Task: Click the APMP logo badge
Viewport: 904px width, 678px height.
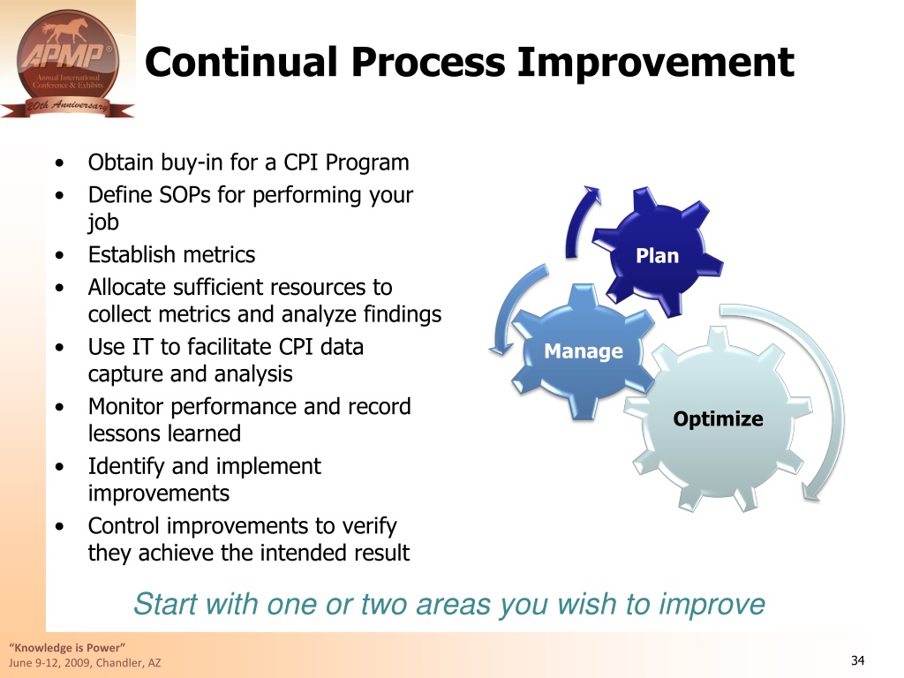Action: tap(67, 64)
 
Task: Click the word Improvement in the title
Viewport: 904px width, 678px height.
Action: tap(656, 63)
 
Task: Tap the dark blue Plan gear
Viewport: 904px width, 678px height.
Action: tap(658, 252)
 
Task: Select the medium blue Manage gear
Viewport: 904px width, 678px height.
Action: tap(583, 351)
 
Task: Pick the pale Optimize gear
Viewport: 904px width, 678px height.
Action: tap(718, 418)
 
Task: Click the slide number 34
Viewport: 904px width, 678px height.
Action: tap(857, 660)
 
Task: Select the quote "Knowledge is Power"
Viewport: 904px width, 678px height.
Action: tap(67, 647)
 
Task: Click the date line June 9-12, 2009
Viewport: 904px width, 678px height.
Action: tap(85, 662)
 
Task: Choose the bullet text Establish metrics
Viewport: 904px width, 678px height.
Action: tap(171, 254)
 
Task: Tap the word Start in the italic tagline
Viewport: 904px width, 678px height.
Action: tap(166, 604)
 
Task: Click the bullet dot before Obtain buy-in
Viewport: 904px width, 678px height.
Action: tap(60, 163)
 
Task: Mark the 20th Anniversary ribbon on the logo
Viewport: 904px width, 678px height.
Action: tap(67, 107)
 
